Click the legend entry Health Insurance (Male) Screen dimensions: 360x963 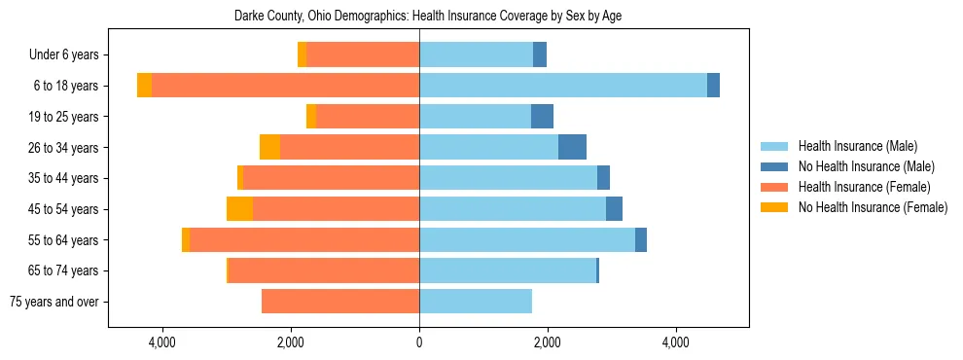857,146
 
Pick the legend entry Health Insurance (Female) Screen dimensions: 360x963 864,187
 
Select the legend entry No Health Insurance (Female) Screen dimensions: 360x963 873,207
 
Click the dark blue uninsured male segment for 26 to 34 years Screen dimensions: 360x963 572,147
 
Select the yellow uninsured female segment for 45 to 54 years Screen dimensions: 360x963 239,209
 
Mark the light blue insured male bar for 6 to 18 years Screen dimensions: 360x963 563,86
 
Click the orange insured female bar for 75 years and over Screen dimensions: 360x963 340,302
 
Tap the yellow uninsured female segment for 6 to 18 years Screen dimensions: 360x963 144,86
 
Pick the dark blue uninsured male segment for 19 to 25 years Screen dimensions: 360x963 542,117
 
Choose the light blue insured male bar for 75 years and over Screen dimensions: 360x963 476,302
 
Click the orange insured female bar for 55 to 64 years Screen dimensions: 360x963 304,240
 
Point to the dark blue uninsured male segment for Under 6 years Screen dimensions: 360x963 540,55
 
